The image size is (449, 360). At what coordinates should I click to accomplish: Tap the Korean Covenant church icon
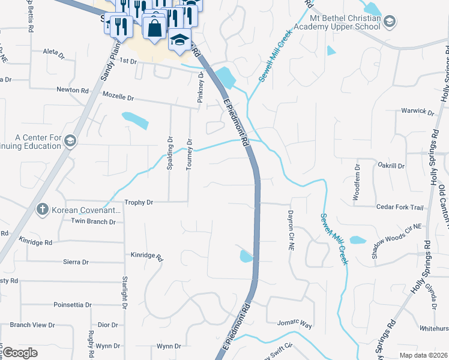tap(42, 209)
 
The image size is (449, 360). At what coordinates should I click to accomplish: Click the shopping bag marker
tap(154, 27)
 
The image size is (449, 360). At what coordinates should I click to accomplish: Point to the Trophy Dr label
tap(139, 203)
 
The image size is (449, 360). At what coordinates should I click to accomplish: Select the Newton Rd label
tap(72, 90)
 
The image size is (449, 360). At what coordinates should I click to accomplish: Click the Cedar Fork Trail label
tap(400, 207)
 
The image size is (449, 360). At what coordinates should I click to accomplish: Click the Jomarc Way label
tap(295, 324)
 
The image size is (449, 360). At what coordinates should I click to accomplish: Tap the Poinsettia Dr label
tap(72, 305)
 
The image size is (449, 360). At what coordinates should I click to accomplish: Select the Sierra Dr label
tap(76, 262)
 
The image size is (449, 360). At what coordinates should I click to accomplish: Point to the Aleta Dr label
tap(53, 53)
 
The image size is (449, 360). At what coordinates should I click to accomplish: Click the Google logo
tap(20, 353)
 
